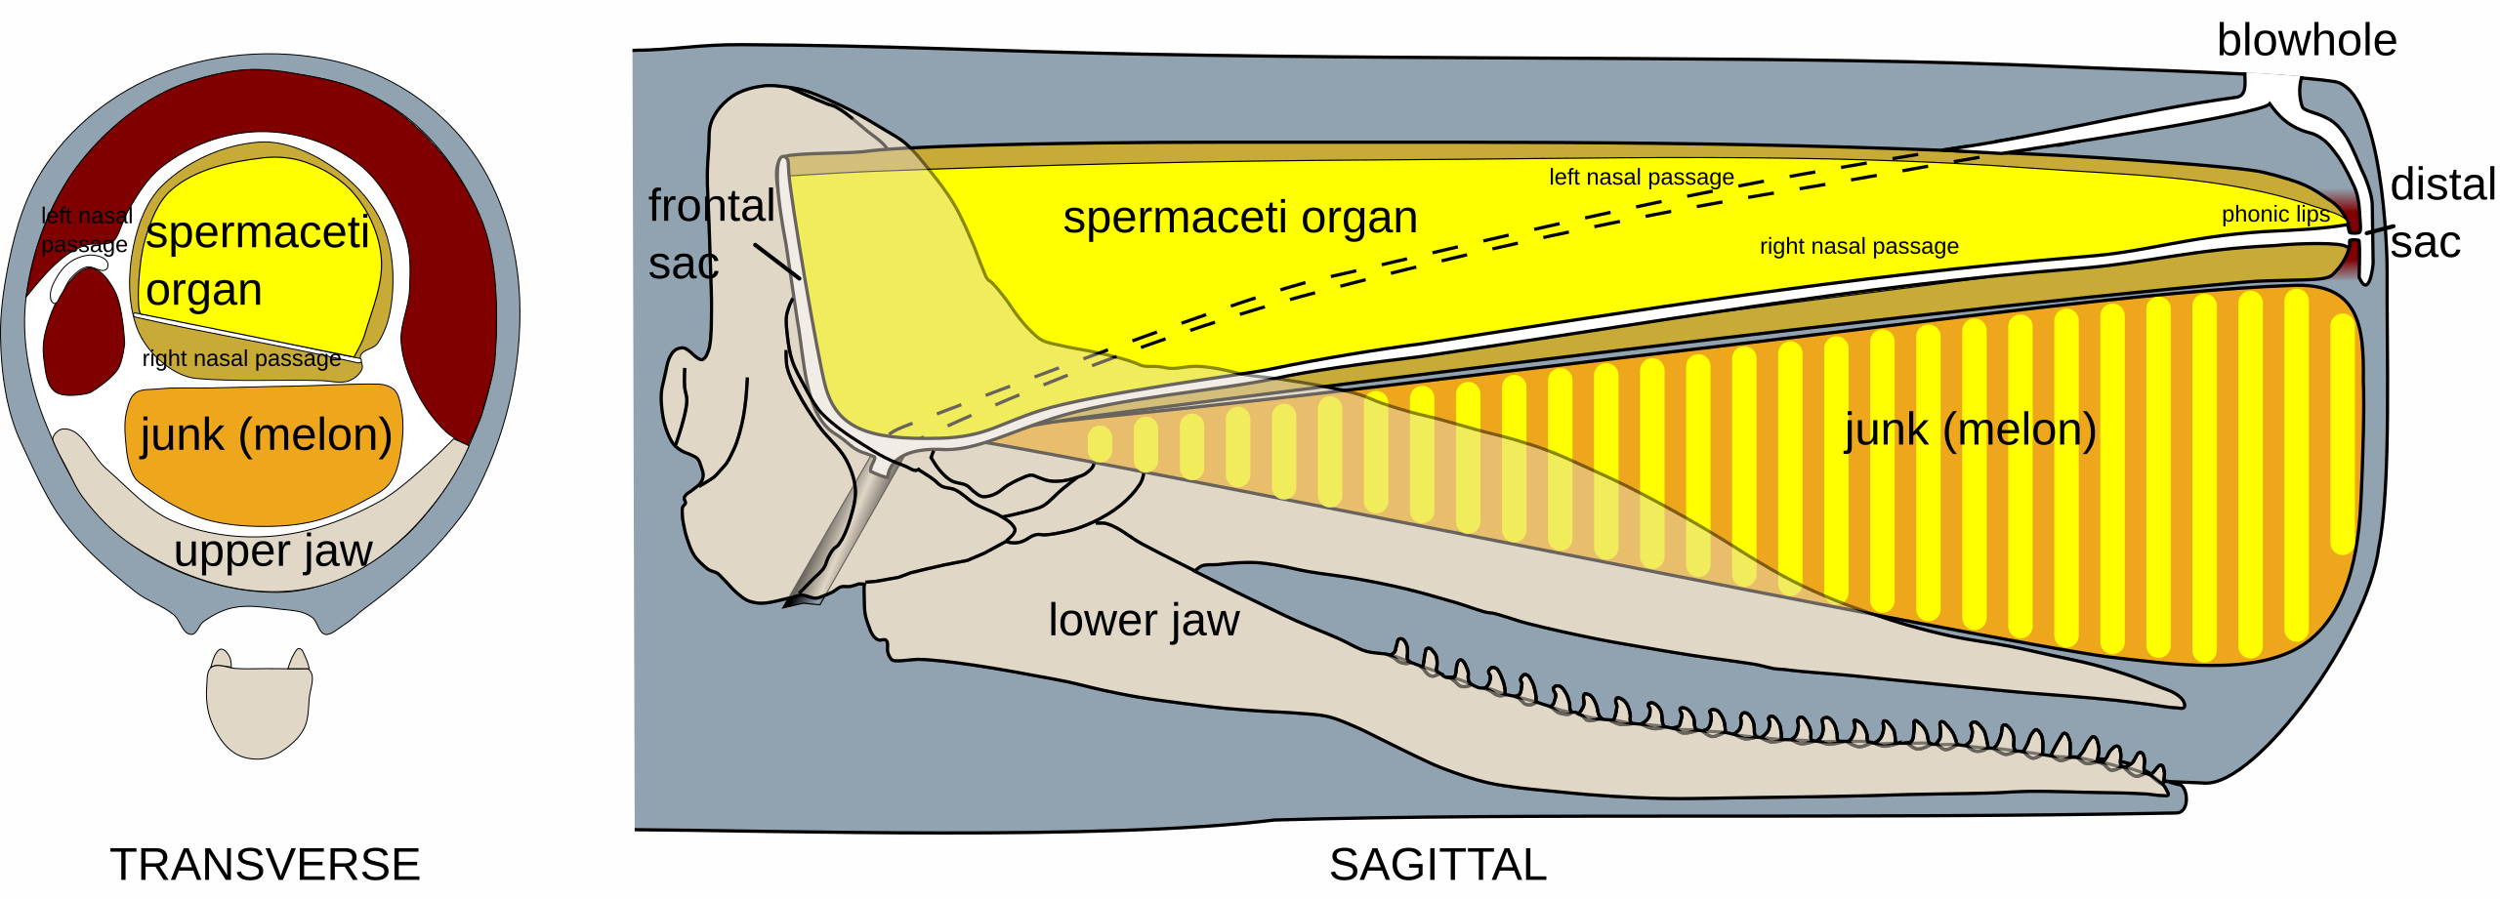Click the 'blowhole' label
point(2306,41)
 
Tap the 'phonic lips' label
point(2274,215)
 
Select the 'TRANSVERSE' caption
point(265,865)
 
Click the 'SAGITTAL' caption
point(1437,865)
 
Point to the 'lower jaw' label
point(1144,621)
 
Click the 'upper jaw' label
point(272,552)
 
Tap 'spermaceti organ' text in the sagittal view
point(1239,217)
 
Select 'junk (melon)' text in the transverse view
point(266,434)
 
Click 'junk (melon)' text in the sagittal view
point(1970,429)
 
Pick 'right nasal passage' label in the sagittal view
point(1858,247)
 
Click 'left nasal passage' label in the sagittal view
point(1641,178)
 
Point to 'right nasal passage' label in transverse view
point(241,359)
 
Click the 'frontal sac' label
point(709,234)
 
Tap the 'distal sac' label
point(2441,214)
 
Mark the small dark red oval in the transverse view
point(84,332)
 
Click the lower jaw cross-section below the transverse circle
point(259,708)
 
